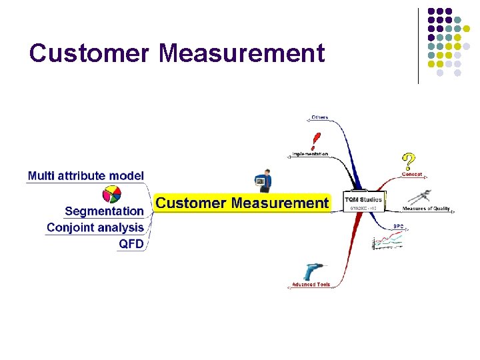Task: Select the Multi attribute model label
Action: [85, 176]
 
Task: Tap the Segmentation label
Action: [104, 211]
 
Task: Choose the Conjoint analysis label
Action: [95, 228]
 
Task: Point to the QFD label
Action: [131, 244]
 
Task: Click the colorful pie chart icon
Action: [111, 194]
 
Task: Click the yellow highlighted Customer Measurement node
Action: [242, 203]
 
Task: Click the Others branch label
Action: [319, 117]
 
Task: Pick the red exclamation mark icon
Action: [315, 141]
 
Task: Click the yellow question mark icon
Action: [408, 161]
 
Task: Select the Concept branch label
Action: [413, 175]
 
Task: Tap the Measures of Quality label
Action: [426, 209]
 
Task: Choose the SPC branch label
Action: [398, 226]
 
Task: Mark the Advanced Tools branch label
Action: [311, 285]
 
